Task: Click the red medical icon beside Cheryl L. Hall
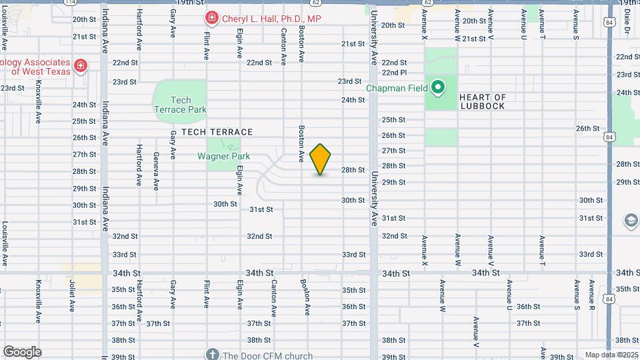tap(211, 18)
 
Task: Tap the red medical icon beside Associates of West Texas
tap(81, 65)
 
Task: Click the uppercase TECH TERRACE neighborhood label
tap(217, 132)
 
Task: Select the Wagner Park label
tap(223, 157)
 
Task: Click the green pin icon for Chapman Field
tap(438, 87)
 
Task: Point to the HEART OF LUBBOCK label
tap(483, 101)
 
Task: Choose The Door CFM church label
tap(268, 355)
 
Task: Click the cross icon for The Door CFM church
tap(213, 355)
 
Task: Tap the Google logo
tap(22, 352)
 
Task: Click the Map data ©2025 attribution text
tap(611, 355)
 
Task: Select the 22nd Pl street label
tap(394, 73)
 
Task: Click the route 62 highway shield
tap(427, 3)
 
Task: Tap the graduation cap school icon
tap(631, 221)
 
